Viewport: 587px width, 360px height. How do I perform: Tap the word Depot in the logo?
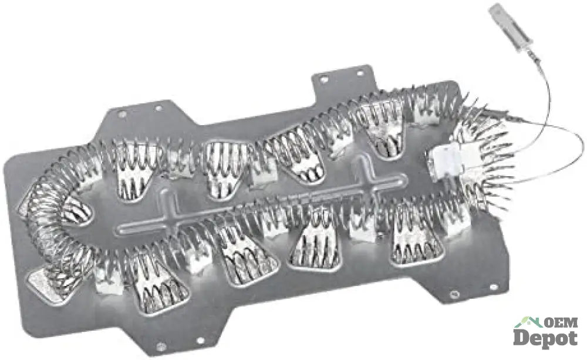(x=545, y=338)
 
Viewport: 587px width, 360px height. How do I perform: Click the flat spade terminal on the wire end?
(x=510, y=23)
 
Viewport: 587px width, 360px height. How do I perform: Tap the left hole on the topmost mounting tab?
(x=324, y=79)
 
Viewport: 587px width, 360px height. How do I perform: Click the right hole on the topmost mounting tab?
(x=360, y=73)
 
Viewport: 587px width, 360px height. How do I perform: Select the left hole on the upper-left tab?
(x=122, y=113)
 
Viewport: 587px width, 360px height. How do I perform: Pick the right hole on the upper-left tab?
(x=158, y=108)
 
